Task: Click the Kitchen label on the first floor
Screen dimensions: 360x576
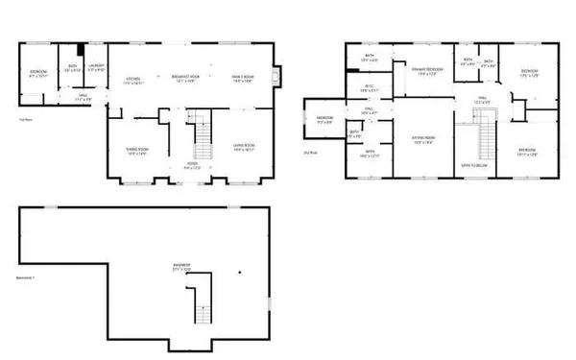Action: point(133,80)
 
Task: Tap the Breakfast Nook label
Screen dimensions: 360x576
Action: point(185,80)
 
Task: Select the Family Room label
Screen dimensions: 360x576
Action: point(241,80)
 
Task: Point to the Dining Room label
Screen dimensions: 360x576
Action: point(137,151)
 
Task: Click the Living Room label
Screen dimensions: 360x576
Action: point(242,147)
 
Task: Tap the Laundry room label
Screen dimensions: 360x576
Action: point(96,69)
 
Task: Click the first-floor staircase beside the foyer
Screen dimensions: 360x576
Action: point(202,139)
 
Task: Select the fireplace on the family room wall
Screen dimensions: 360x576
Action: point(276,77)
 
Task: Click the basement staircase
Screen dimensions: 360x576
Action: point(203,311)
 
